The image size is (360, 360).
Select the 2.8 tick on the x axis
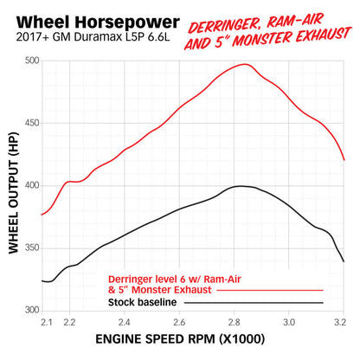pos(235,321)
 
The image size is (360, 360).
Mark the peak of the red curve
pos(245,64)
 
